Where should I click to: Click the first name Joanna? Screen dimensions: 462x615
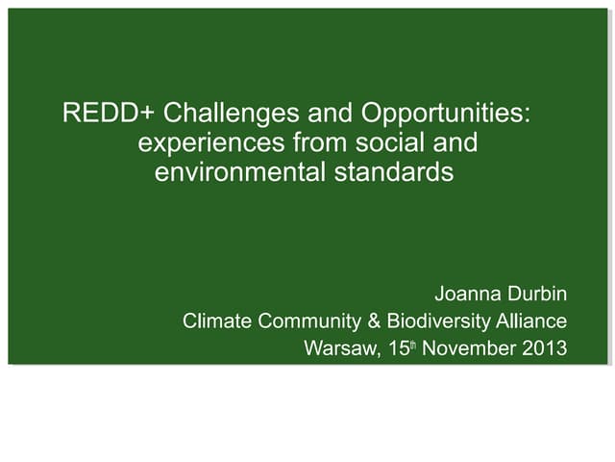467,293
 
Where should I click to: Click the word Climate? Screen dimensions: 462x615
216,321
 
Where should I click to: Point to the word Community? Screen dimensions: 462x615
307,321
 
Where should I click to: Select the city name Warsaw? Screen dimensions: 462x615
337,348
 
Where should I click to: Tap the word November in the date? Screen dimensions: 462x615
467,348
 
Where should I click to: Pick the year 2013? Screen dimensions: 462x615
543,348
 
